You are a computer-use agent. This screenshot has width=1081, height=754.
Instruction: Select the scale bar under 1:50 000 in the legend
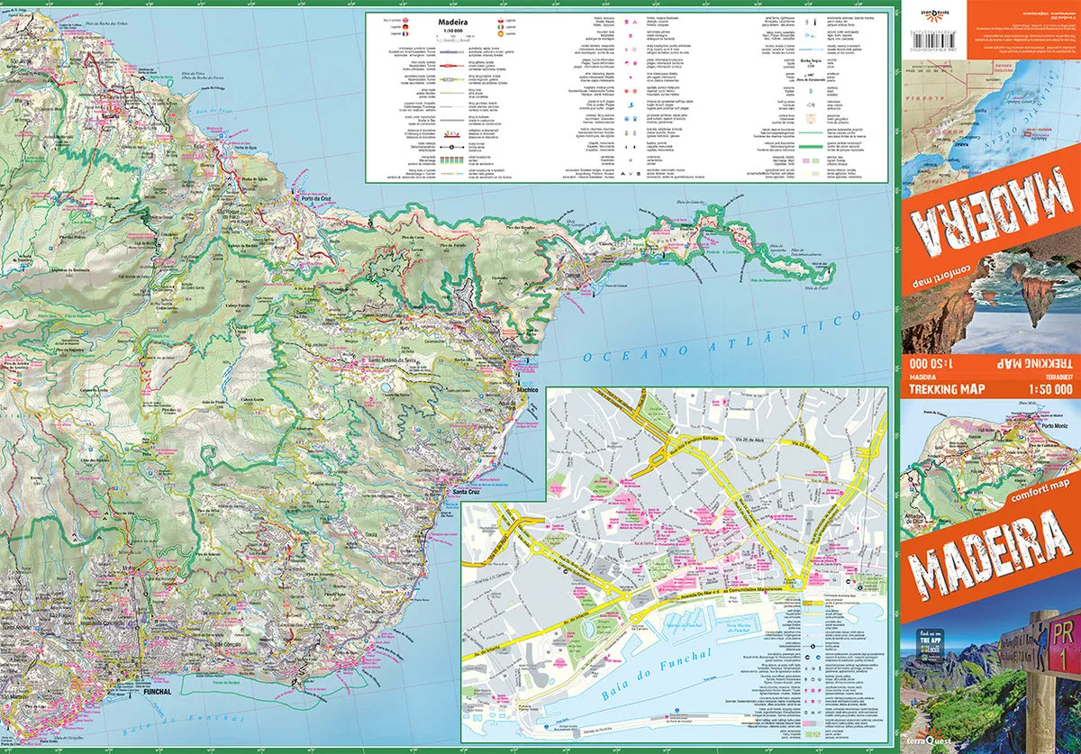(x=452, y=43)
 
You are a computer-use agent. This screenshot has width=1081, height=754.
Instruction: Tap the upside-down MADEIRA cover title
(x=989, y=221)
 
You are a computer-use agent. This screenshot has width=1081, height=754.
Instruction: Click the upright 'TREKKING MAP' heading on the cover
(x=946, y=390)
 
